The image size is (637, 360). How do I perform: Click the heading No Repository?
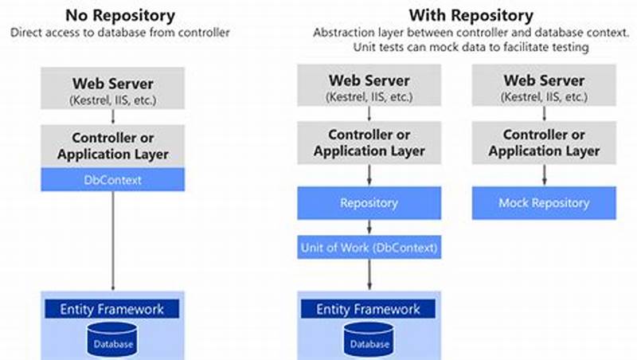tap(119, 14)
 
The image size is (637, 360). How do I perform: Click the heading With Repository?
tap(471, 14)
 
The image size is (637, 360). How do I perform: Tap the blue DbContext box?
tap(113, 180)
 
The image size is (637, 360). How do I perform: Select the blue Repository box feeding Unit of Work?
tap(369, 203)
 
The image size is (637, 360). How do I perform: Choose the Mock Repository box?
tap(543, 203)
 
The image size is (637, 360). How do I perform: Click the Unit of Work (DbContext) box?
tap(369, 248)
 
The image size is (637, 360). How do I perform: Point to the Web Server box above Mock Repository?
tap(543, 88)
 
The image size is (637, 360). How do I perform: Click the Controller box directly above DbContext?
tap(113, 144)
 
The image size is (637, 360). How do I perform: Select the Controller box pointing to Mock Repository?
tap(543, 142)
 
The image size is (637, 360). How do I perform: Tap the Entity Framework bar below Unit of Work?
tap(369, 309)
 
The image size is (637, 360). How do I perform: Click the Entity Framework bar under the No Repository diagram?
tap(113, 309)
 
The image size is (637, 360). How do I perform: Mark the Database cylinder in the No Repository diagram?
tap(113, 340)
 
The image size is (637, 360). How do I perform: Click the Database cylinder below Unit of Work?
tap(369, 340)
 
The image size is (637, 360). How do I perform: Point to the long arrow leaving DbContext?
tap(113, 239)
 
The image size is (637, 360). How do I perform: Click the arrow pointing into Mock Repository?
tap(543, 174)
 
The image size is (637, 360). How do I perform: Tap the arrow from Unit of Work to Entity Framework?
tap(369, 275)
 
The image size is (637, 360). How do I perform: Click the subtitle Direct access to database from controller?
tap(119, 33)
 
